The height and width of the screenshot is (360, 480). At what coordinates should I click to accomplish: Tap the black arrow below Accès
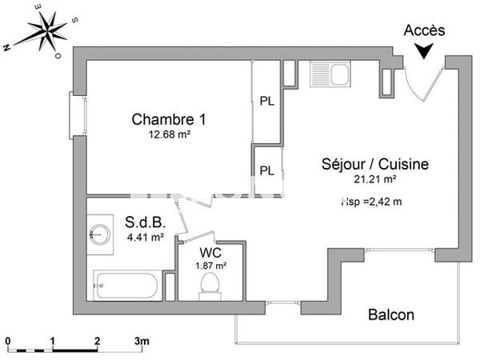coord(423,50)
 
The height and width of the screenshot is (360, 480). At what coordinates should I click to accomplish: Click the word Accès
coord(424,30)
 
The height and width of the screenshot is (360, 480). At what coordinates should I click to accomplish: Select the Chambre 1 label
coord(169,120)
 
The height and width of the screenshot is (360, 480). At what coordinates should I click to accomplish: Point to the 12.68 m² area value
coord(169,134)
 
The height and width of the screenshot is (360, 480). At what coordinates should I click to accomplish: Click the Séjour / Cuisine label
coord(375,165)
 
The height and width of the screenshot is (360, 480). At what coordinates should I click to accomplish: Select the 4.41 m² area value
coord(145,236)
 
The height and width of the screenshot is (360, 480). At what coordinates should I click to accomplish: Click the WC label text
coord(211,252)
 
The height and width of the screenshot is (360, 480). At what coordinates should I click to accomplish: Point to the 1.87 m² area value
coord(211,265)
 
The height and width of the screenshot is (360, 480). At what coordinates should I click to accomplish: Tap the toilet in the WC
coord(211,284)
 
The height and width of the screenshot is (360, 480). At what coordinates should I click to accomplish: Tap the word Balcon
coord(391,315)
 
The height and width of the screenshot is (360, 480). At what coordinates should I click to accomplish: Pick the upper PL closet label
coord(267,101)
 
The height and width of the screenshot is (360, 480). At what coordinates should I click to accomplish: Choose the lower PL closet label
coord(267,170)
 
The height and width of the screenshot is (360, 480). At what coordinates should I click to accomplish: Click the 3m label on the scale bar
coord(142,342)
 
